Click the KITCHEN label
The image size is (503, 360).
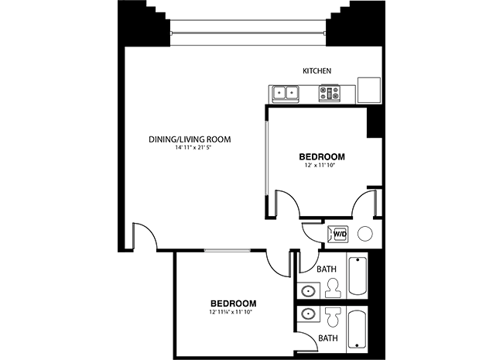point(317,71)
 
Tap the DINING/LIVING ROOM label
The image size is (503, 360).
point(190,139)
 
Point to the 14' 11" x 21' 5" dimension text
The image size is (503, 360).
point(193,148)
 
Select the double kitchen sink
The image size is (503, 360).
point(286,94)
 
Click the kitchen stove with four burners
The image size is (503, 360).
point(329,94)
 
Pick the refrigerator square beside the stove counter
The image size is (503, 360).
point(369,90)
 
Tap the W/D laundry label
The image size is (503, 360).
point(340,234)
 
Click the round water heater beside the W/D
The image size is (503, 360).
point(365,234)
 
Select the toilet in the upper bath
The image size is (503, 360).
point(333,288)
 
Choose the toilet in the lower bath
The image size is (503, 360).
point(333,317)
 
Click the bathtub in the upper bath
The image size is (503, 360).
point(358,276)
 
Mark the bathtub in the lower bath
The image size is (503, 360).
point(358,328)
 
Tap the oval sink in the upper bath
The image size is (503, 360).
point(308,291)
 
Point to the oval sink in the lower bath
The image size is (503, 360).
point(308,314)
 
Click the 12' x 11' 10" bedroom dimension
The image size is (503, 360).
point(320,166)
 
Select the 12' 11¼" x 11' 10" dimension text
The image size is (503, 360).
point(231,311)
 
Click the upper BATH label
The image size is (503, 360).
point(327,269)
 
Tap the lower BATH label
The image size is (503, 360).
point(328,338)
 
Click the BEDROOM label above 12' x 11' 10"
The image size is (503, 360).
point(322,157)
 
